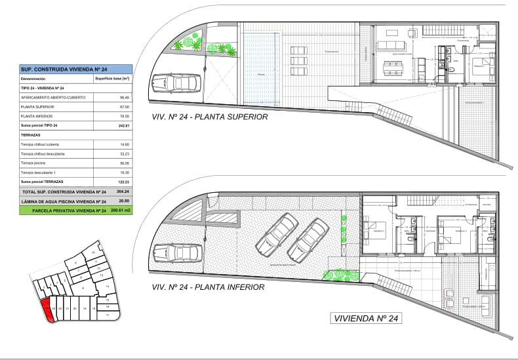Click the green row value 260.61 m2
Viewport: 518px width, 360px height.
120,210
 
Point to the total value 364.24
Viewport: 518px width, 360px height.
121,191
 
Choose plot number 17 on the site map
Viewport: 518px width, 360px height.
107,315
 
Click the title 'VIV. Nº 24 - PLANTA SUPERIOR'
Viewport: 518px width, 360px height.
210,117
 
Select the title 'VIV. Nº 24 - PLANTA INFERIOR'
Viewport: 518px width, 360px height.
208,287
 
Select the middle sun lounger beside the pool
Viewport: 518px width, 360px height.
298,66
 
